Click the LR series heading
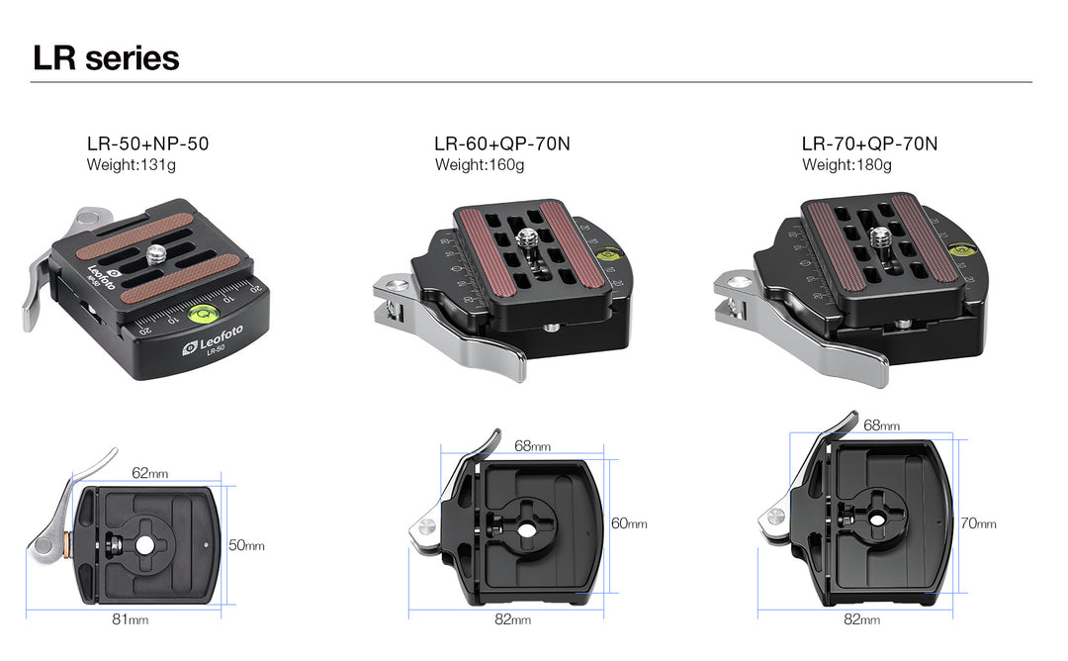[106, 58]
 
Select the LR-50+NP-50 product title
[147, 143]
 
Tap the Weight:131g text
[131, 165]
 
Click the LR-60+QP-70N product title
[502, 143]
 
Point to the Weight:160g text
[480, 165]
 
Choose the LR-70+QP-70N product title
[870, 143]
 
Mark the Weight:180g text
[846, 165]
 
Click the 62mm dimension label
[150, 473]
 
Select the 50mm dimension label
[246, 545]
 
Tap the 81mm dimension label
[131, 619]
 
